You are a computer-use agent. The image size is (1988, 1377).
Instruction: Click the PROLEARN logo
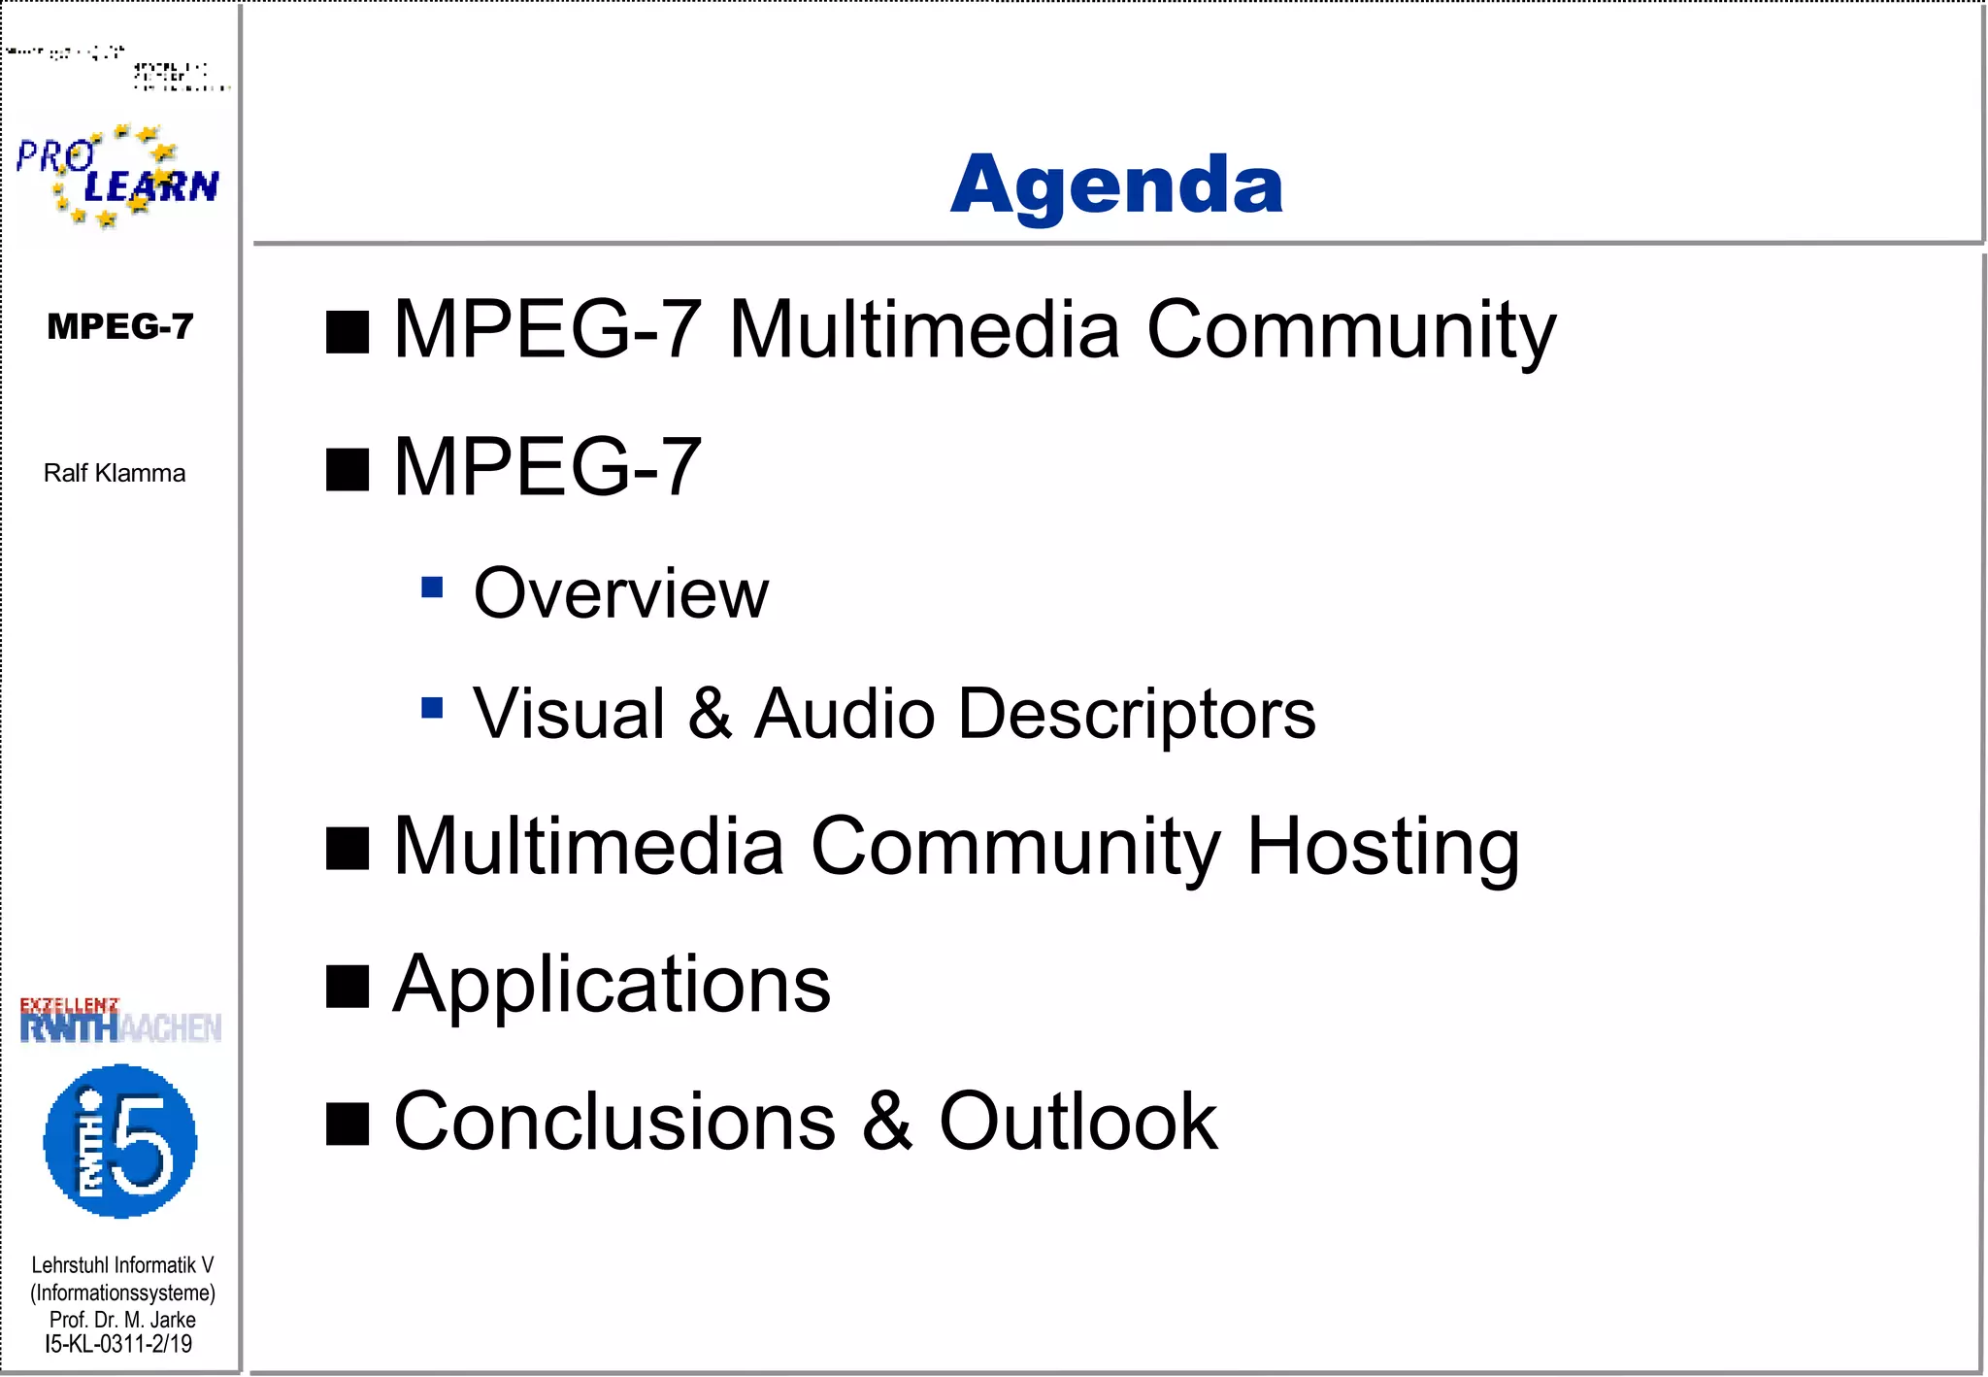[x=117, y=176]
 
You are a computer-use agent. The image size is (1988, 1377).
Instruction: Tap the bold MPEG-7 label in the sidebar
[x=120, y=326]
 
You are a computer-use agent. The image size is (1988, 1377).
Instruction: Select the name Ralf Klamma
[x=115, y=473]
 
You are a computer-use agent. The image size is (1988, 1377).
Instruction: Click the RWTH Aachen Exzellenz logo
[x=120, y=1021]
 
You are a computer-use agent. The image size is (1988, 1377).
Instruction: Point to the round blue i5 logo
[x=120, y=1141]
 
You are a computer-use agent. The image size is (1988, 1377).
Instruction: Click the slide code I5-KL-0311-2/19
[x=118, y=1344]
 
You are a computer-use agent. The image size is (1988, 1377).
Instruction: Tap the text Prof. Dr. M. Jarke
[x=122, y=1320]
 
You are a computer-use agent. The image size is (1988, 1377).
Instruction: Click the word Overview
[x=620, y=593]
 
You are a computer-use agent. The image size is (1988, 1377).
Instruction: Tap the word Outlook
[x=1077, y=1122]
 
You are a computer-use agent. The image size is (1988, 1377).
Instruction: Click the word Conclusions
[x=614, y=1122]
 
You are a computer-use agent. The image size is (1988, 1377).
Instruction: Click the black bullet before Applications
[x=348, y=988]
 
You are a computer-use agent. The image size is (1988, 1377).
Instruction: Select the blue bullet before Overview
[x=432, y=587]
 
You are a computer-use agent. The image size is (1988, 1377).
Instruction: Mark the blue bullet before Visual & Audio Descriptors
[x=432, y=707]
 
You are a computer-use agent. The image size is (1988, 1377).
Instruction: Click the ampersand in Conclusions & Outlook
[x=886, y=1122]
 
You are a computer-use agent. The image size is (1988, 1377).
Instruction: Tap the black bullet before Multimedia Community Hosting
[x=348, y=849]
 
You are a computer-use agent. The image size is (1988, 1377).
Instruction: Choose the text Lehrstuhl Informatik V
[x=122, y=1265]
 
